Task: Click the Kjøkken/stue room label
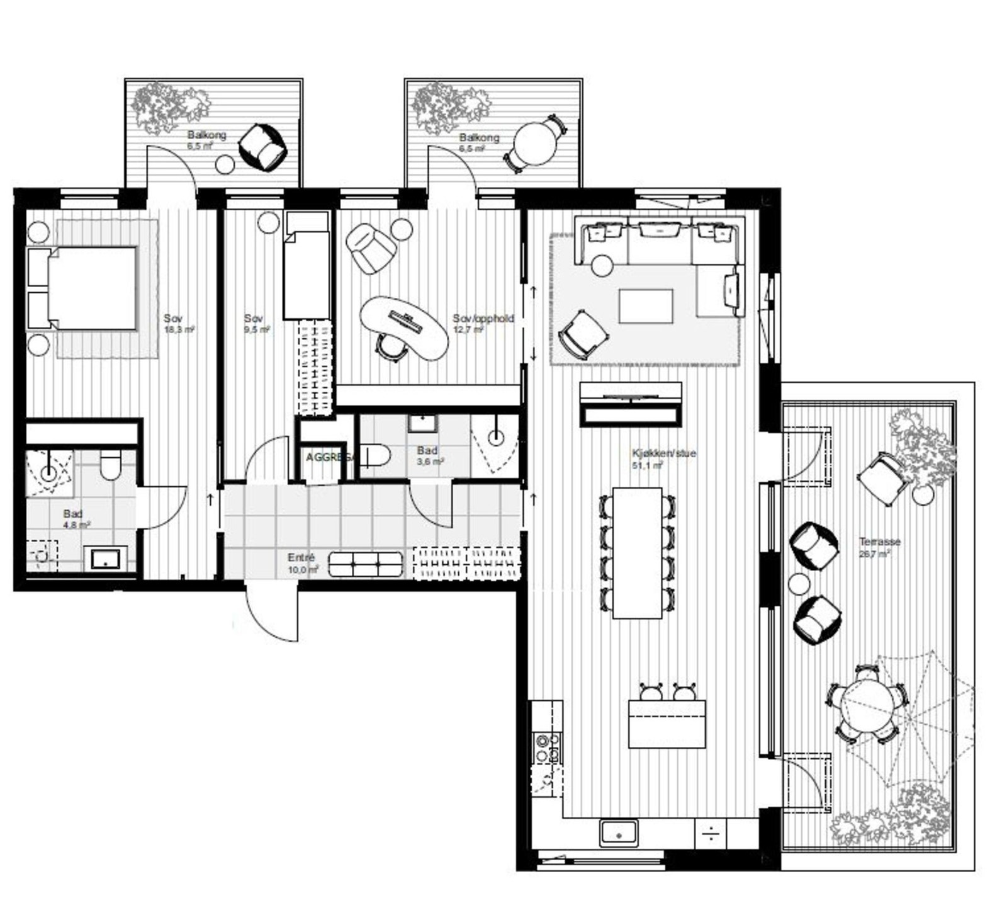664,453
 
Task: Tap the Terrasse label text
880,542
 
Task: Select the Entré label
301,557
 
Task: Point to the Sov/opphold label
483,319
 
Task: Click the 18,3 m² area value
179,329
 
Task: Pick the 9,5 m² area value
257,329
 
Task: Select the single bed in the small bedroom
307,274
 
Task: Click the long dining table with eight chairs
637,552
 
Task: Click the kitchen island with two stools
667,724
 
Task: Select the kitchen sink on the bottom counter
618,833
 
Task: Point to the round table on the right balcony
536,144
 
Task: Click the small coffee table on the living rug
646,306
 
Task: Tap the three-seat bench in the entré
366,564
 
